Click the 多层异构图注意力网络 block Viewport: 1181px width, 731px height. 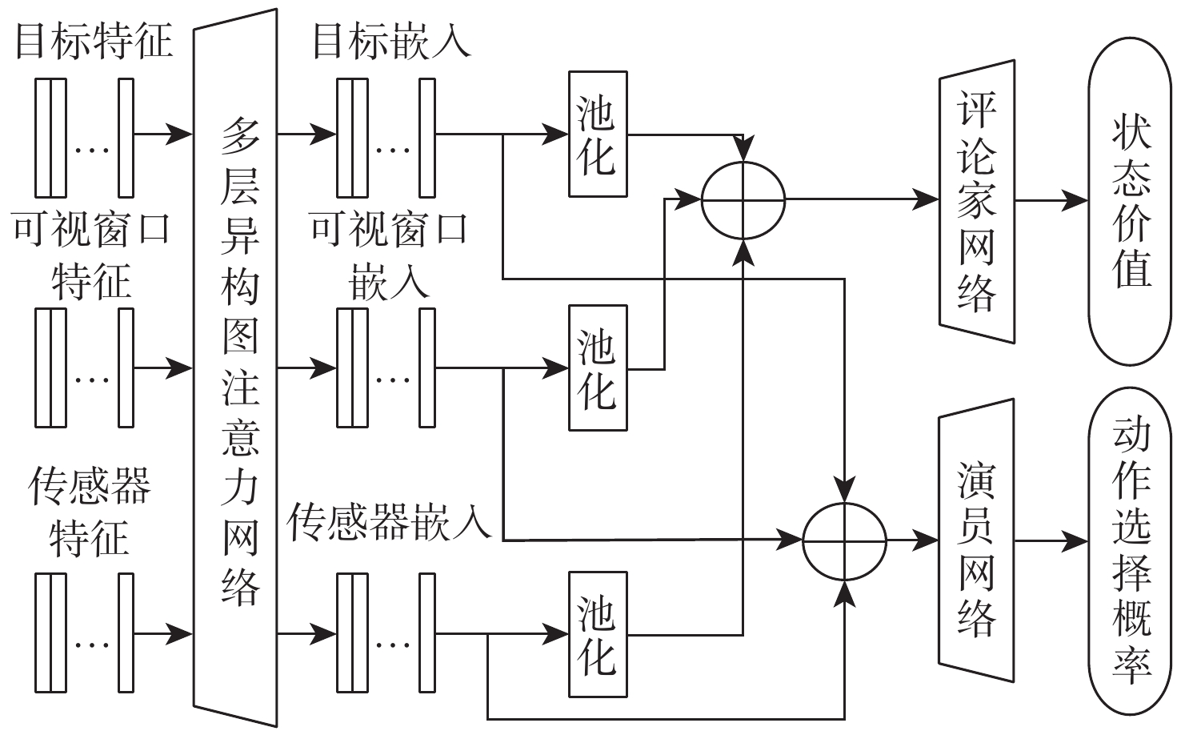point(236,368)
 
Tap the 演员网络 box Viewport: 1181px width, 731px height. point(977,541)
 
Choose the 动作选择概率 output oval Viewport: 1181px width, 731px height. point(1130,552)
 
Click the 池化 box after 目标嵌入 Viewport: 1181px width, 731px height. point(598,135)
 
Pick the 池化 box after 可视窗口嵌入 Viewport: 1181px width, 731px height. point(598,368)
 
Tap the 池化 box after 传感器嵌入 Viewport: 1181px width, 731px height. point(598,635)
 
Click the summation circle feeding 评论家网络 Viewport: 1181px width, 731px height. point(743,200)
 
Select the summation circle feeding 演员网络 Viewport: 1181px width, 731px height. point(845,541)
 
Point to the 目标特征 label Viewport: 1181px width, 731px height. point(94,40)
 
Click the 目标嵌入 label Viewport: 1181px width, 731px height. point(391,40)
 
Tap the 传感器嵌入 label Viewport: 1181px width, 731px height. point(389,522)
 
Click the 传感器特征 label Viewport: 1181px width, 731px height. point(90,512)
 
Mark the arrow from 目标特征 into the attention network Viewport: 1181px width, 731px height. point(163,135)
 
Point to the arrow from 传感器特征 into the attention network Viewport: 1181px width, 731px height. point(163,634)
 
